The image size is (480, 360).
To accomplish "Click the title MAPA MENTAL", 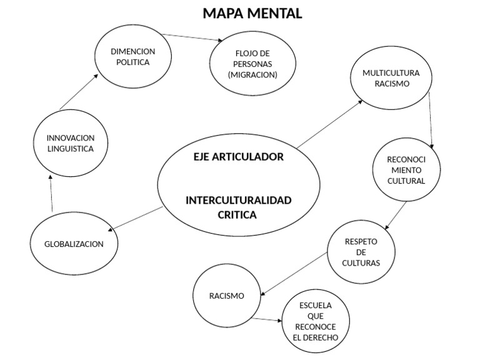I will (252, 13).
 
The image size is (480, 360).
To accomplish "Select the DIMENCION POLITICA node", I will (132, 57).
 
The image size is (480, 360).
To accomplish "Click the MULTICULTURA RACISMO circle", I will (391, 78).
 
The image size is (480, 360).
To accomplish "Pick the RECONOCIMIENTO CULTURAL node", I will (406, 169).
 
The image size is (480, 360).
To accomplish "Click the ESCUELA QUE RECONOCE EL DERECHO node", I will (315, 321).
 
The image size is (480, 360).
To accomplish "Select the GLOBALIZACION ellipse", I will (74, 244).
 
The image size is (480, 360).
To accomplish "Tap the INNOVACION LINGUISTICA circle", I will (70, 143).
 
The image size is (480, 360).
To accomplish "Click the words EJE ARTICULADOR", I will (238, 157).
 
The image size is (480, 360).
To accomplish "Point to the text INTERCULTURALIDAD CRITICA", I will (238, 207).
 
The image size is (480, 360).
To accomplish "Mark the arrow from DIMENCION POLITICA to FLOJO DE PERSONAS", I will (193, 37).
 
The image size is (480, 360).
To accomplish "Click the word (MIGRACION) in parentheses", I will (252, 74).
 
